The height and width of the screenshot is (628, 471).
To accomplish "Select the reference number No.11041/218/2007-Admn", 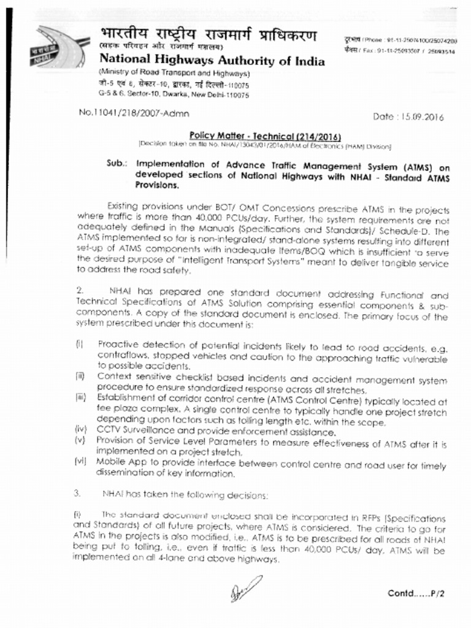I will tap(134, 113).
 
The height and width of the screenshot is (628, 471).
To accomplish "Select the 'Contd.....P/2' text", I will tap(419, 593).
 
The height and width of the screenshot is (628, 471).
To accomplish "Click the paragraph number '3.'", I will tap(78, 493).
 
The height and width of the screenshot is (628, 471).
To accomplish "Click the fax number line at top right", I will tap(399, 52).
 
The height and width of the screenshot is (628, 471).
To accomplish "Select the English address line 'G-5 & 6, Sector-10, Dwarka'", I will tap(174, 96).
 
